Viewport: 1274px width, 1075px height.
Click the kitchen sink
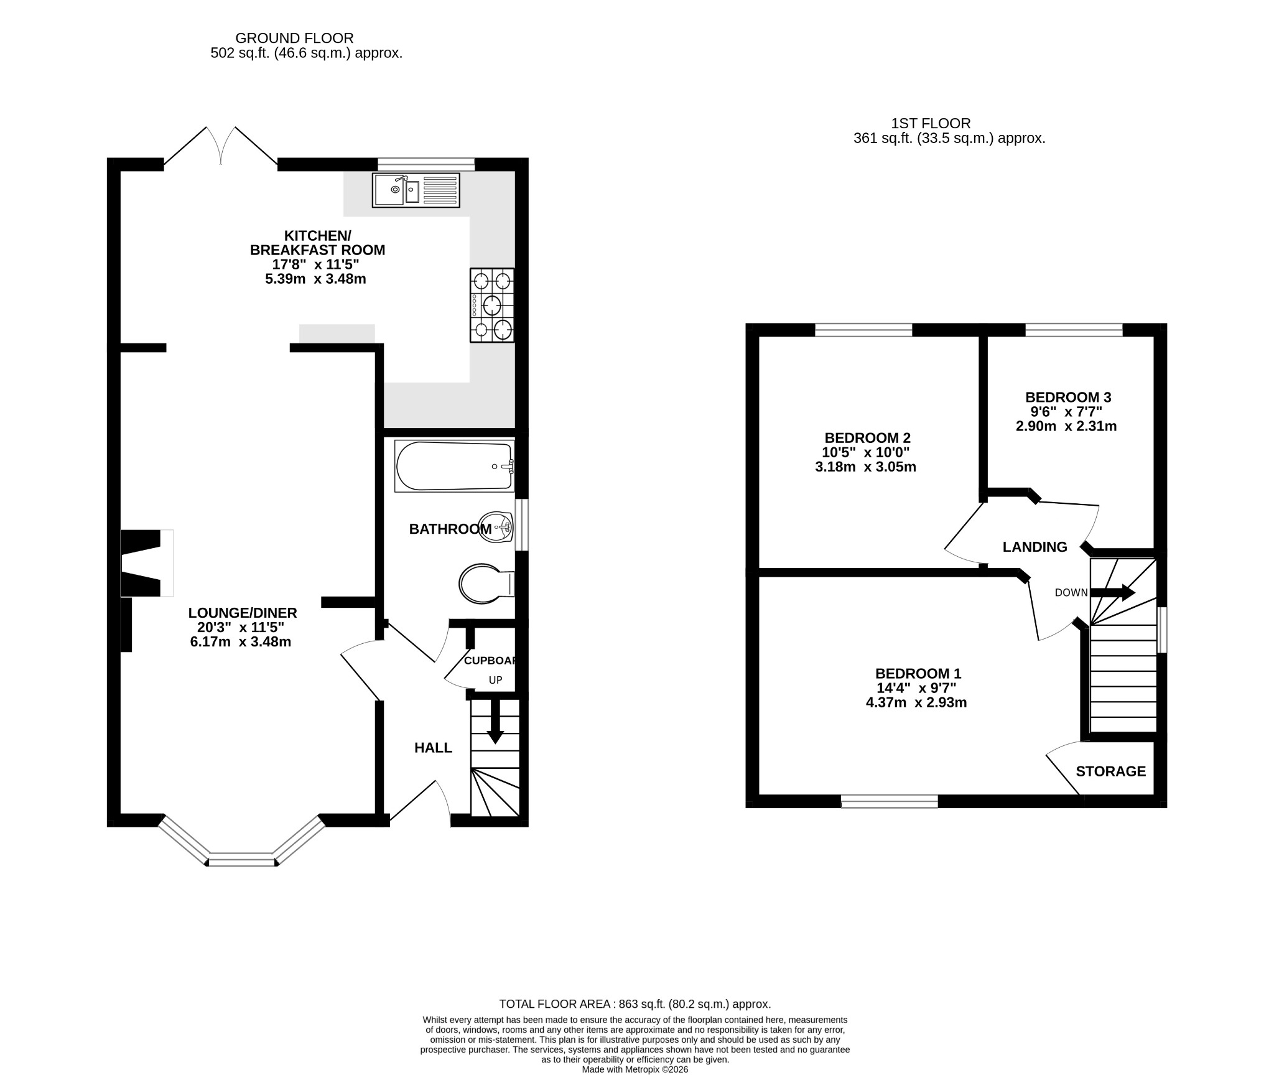(416, 190)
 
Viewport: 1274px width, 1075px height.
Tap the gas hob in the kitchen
(492, 305)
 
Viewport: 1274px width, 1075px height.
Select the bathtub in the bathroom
(455, 466)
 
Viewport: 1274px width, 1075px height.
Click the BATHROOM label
(450, 529)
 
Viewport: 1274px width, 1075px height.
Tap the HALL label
(434, 748)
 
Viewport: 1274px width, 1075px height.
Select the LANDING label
(1035, 547)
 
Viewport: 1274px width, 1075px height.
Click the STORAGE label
(1111, 771)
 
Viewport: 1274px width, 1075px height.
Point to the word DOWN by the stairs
(1071, 593)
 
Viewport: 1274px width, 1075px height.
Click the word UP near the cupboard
(495, 680)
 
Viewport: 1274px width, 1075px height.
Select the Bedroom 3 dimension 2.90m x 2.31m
(1066, 426)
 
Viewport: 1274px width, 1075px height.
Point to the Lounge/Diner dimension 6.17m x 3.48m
(241, 641)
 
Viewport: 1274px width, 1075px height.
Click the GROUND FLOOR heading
(294, 39)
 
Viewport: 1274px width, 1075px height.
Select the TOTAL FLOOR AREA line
(635, 1004)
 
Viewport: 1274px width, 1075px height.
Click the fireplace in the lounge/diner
(147, 563)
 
